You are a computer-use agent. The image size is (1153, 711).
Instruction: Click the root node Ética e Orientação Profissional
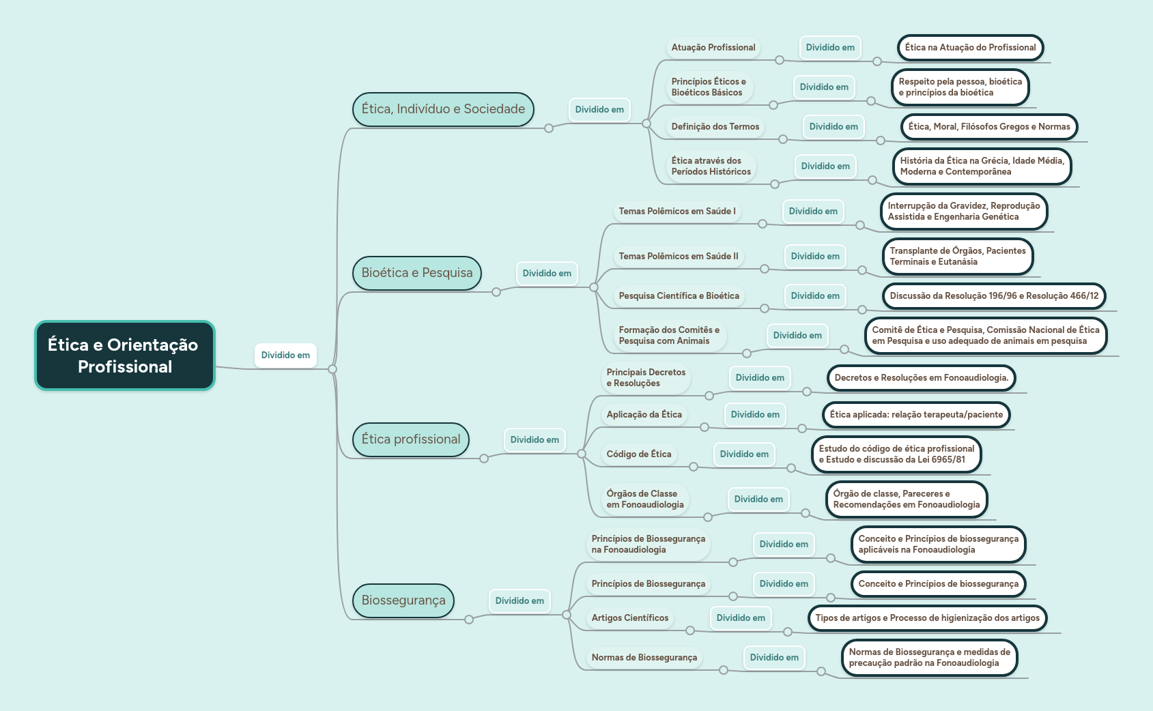(x=124, y=355)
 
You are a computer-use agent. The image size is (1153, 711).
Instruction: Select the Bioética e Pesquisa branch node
(x=417, y=273)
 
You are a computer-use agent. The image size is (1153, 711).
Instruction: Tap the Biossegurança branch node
(x=403, y=600)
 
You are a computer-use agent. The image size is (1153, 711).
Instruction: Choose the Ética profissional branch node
(x=411, y=439)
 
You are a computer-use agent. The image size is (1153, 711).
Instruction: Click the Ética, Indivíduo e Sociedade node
(x=443, y=109)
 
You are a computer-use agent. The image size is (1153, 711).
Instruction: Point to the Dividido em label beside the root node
(x=285, y=355)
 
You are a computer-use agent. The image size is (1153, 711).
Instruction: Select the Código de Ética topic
(x=639, y=454)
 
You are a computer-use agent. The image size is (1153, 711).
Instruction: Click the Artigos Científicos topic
(x=630, y=618)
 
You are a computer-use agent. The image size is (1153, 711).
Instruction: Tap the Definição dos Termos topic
(x=715, y=126)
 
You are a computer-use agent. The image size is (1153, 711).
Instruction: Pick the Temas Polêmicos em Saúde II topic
(x=679, y=256)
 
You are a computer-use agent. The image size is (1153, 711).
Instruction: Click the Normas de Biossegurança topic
(x=644, y=657)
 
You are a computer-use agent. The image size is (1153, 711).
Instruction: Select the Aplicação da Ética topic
(x=644, y=414)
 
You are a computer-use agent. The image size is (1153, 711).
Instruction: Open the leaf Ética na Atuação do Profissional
(x=970, y=47)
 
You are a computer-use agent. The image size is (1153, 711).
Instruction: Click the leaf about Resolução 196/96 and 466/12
(x=994, y=296)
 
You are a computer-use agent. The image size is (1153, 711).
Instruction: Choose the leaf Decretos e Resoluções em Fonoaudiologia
(x=922, y=377)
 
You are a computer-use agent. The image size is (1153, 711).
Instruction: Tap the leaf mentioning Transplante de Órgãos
(x=958, y=256)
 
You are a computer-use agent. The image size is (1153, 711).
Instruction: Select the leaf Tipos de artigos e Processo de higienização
(x=928, y=618)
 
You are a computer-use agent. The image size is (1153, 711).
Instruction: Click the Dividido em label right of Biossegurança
(x=520, y=600)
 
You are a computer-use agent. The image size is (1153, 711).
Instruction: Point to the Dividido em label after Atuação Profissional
(x=830, y=47)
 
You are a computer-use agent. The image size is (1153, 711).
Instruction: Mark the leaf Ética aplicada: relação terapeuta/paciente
(x=916, y=414)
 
